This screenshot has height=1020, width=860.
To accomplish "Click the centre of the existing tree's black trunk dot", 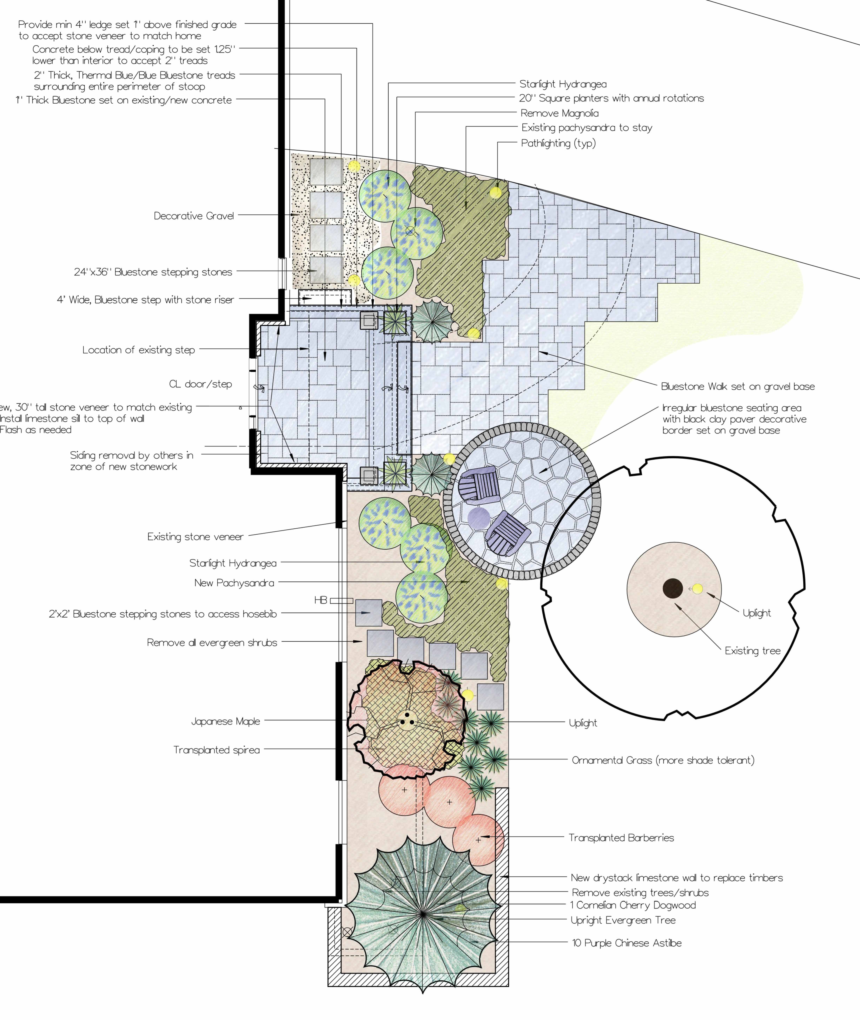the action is point(673,588).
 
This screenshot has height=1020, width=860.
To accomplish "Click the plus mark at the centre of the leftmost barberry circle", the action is point(404,789).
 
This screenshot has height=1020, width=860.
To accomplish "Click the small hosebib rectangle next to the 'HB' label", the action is point(341,601).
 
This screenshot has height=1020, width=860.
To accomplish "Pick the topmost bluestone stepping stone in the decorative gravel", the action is point(326,172).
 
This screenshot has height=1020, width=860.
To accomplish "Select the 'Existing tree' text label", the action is point(752,651).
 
